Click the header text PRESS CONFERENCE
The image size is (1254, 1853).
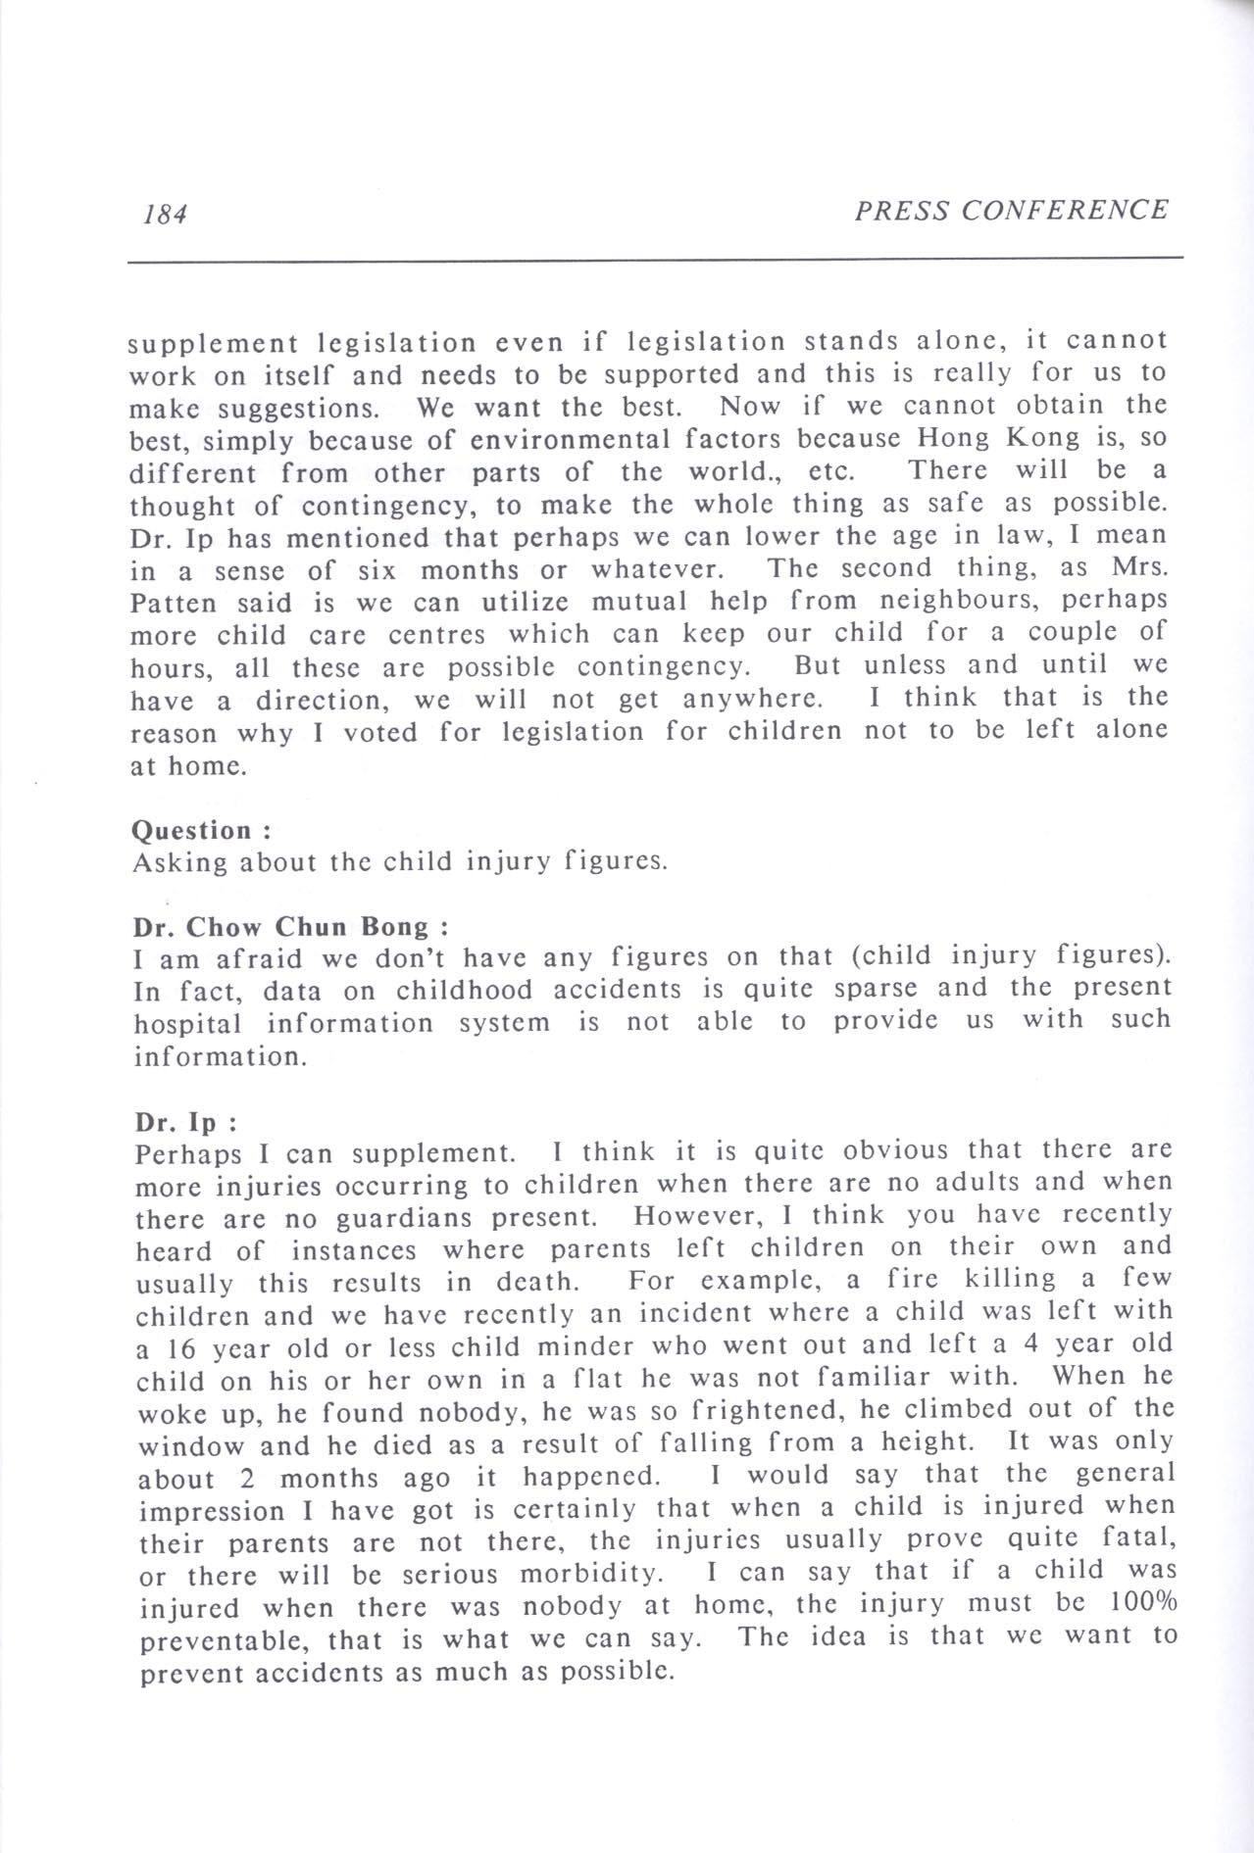coord(1011,210)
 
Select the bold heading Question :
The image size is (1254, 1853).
coord(201,830)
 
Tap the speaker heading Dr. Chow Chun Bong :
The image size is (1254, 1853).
coord(291,926)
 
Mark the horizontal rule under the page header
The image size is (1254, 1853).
coord(655,260)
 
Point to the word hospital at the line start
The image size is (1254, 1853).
coord(187,1023)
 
